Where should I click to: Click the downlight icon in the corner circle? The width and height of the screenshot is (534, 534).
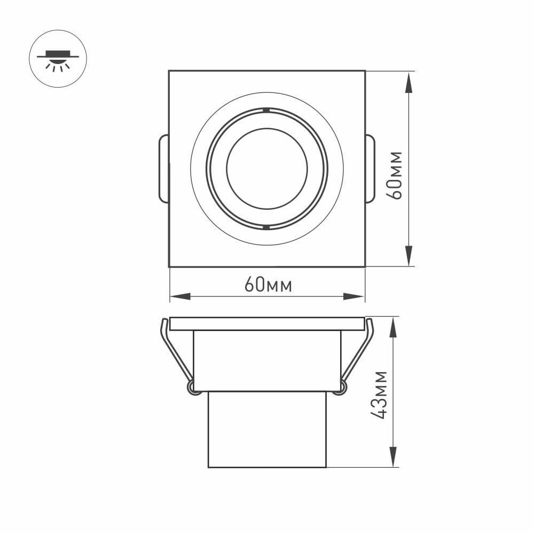pyautogui.click(x=57, y=59)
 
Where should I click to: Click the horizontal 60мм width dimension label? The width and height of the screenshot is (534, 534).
pyautogui.click(x=268, y=286)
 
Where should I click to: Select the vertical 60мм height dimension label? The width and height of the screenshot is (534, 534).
pyautogui.click(x=396, y=175)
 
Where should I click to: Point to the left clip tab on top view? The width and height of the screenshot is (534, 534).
pyautogui.click(x=164, y=169)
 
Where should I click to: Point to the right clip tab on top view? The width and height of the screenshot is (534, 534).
pyautogui.click(x=370, y=169)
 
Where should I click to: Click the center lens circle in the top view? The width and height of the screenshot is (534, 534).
pyautogui.click(x=267, y=169)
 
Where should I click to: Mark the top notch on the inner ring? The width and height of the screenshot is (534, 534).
pyautogui.click(x=265, y=110)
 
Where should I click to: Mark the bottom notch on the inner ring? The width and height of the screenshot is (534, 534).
pyautogui.click(x=265, y=227)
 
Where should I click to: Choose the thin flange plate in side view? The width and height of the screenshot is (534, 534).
pyautogui.click(x=267, y=324)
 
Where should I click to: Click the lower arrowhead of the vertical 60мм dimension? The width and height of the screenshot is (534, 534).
pyautogui.click(x=409, y=255)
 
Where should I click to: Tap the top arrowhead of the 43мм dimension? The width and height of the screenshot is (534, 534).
pyautogui.click(x=394, y=327)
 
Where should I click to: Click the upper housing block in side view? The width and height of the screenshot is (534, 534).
pyautogui.click(x=267, y=360)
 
